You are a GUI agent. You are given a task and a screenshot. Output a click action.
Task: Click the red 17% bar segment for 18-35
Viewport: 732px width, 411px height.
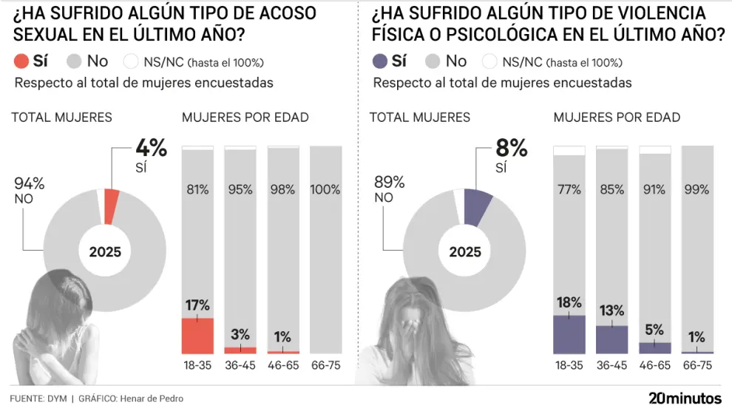click(x=197, y=335)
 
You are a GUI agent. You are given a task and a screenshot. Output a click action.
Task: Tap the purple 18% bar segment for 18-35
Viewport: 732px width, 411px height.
click(x=569, y=334)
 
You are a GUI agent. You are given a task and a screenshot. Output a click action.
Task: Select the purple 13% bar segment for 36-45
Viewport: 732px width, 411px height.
click(x=611, y=339)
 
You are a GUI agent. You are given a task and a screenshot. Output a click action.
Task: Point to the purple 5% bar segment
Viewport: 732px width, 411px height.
click(x=654, y=347)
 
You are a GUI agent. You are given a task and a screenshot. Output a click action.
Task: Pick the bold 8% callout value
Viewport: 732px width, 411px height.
click(x=511, y=149)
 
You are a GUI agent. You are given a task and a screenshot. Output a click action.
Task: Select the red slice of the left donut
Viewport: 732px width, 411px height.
click(x=111, y=206)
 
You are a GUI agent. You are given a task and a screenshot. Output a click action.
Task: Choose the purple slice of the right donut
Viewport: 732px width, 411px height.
click(x=478, y=206)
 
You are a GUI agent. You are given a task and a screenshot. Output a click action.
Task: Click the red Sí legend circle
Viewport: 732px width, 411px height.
click(x=21, y=61)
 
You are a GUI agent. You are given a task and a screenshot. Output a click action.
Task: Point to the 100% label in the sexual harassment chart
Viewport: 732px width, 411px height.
click(x=325, y=190)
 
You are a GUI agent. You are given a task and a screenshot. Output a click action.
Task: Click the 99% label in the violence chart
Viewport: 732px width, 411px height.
click(x=697, y=190)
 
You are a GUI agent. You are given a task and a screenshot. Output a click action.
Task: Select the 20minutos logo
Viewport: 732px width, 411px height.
click(x=685, y=398)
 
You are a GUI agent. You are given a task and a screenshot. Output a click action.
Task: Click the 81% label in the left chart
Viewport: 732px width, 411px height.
click(x=197, y=190)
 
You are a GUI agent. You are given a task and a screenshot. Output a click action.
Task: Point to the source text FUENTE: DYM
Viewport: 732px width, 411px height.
click(x=38, y=398)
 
